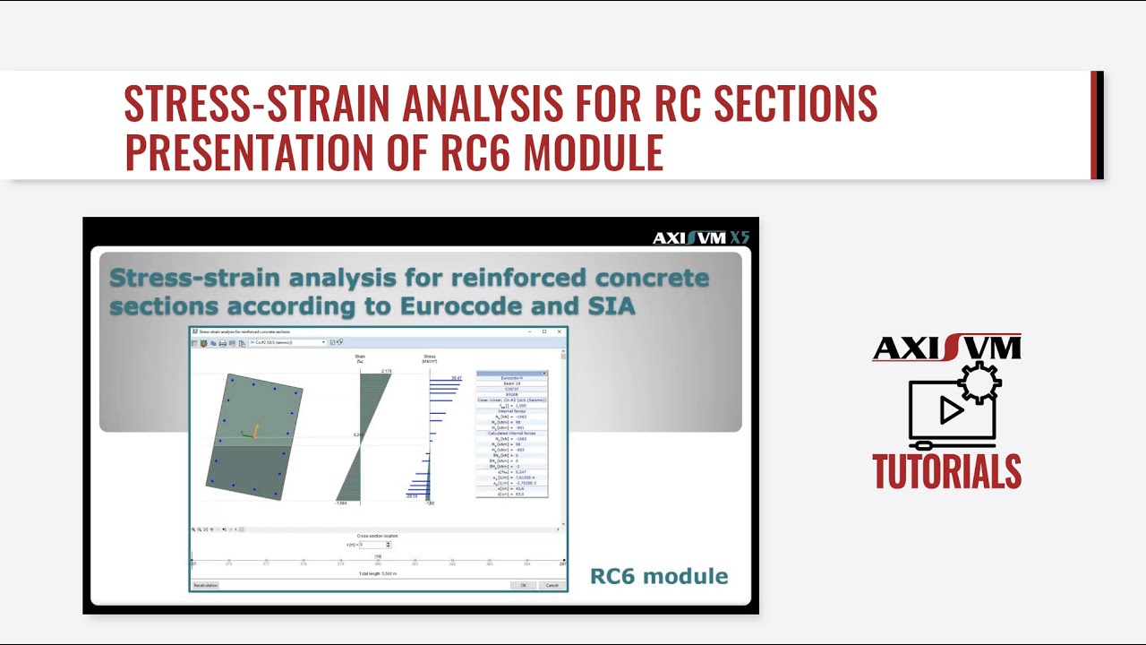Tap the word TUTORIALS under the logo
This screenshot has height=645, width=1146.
click(x=946, y=472)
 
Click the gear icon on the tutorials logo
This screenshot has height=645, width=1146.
click(x=979, y=383)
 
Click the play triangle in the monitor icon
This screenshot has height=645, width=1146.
click(x=951, y=410)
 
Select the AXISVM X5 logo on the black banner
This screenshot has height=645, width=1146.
click(x=700, y=237)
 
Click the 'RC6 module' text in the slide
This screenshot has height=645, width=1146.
click(x=658, y=576)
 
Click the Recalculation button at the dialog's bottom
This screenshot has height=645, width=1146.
click(x=206, y=585)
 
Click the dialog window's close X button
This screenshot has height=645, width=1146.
click(x=560, y=331)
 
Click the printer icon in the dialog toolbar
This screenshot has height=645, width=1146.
click(x=222, y=342)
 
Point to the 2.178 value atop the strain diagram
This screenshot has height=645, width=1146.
click(x=386, y=371)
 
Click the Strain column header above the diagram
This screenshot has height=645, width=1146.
click(x=360, y=358)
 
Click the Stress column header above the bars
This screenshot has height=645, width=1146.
click(x=430, y=358)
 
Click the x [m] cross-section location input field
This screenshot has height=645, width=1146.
click(x=372, y=545)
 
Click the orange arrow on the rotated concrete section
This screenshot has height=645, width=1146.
click(x=255, y=431)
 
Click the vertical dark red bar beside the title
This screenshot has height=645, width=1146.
click(x=1097, y=125)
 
